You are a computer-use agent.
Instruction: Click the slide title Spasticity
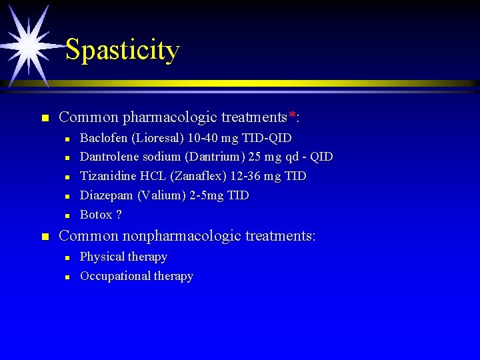tap(123, 50)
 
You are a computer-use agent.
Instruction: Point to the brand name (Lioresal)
tap(154, 138)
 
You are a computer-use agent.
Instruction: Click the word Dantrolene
tap(109, 157)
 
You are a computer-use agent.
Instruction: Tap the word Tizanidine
tap(109, 176)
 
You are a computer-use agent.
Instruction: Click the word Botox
tap(96, 215)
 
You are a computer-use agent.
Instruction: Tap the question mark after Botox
tap(119, 215)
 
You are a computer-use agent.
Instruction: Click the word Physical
tap(101, 257)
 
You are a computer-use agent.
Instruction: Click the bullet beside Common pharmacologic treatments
tap(45, 118)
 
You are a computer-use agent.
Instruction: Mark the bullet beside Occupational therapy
tap(68, 277)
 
